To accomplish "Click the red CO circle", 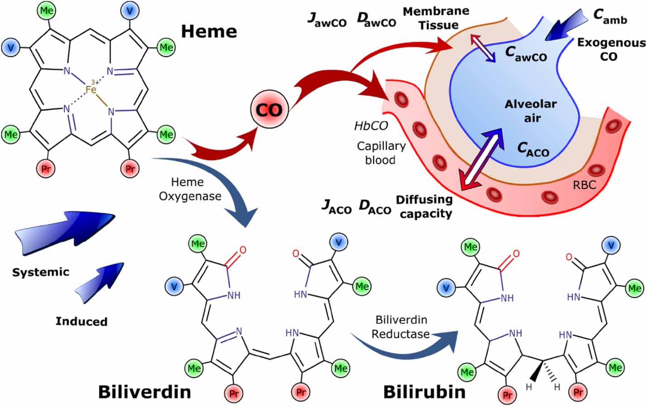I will pos(269,109).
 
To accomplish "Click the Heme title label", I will pos(209,31).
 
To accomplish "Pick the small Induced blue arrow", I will pos(100,283).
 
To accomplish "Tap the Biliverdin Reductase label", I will pos(400,327).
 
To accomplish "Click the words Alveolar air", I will pos(531,111).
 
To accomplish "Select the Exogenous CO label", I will pos(611,49).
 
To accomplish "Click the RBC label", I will pos(584,185).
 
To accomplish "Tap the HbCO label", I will pos(371,126).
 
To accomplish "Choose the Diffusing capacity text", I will pos(424,206).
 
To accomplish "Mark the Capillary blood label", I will pos(381,153).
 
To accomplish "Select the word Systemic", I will pos(41,272).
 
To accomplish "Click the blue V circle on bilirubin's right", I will pos(612,246).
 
